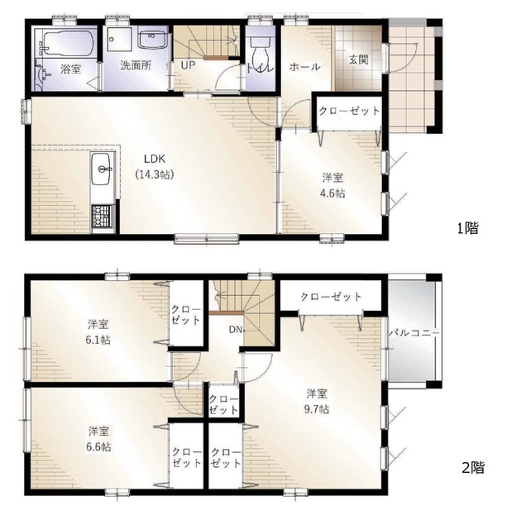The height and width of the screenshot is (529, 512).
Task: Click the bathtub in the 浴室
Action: [x=67, y=43]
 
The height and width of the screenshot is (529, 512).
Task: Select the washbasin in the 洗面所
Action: [x=151, y=40]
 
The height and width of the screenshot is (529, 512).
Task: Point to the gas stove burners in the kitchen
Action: [x=102, y=216]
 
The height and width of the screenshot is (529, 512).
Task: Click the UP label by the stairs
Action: [x=188, y=65]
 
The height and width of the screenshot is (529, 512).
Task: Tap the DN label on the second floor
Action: [x=236, y=330]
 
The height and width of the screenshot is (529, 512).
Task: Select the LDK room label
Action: [x=154, y=159]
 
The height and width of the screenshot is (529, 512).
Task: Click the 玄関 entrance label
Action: [x=358, y=60]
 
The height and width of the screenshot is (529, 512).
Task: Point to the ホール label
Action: [x=304, y=67]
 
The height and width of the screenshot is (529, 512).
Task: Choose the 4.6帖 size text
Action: [x=333, y=193]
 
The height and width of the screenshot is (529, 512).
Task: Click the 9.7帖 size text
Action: [x=317, y=409]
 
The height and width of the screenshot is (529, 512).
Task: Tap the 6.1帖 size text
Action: [x=98, y=340]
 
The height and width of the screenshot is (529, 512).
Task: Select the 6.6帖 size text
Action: [x=98, y=447]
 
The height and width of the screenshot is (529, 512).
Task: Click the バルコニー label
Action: [x=414, y=332]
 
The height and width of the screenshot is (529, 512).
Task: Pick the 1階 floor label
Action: [x=468, y=228]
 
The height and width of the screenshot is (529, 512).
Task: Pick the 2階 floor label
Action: [x=473, y=468]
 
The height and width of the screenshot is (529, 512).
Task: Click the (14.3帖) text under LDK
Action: [x=155, y=174]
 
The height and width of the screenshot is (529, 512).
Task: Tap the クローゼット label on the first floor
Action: [x=349, y=111]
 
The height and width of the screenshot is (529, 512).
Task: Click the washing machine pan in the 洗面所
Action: [x=119, y=39]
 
